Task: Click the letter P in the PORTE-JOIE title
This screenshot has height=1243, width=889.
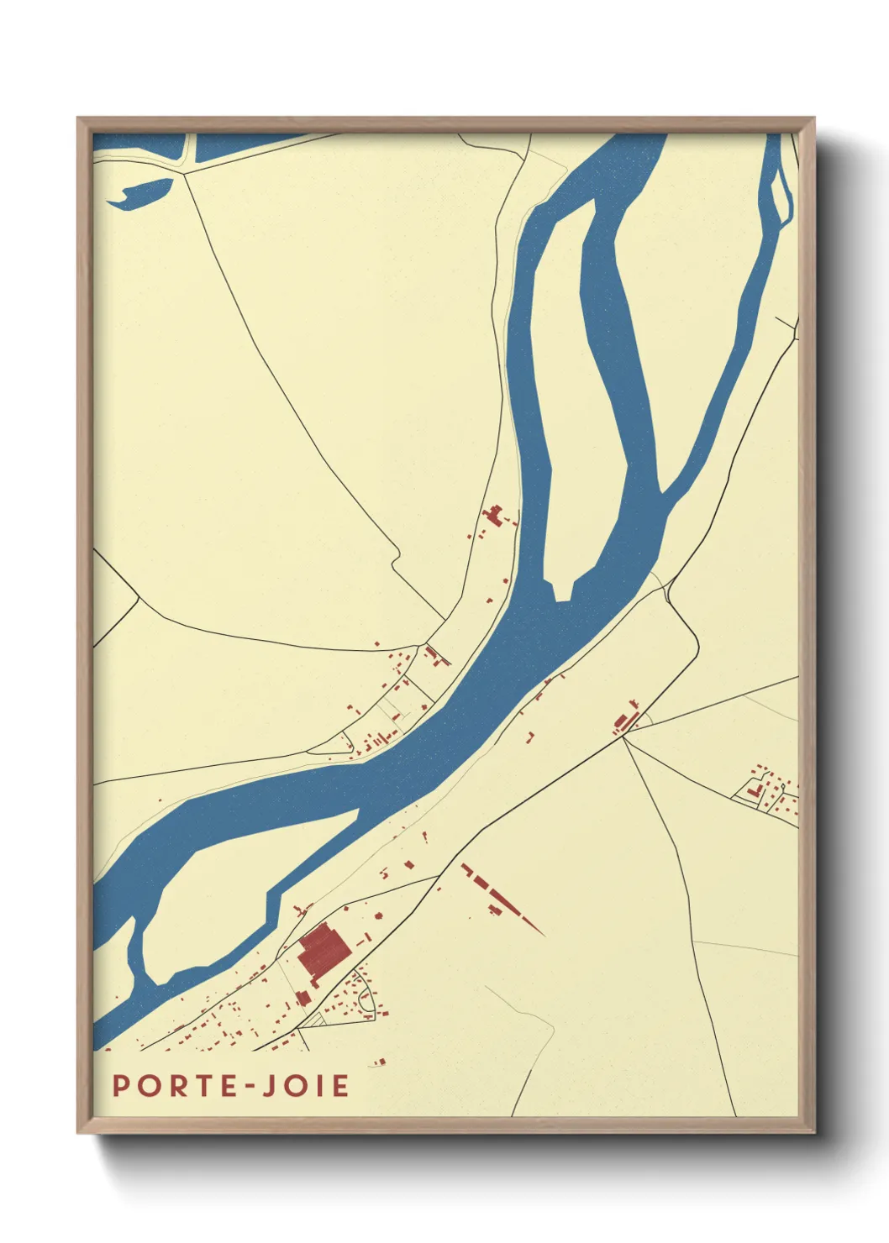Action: click(121, 1086)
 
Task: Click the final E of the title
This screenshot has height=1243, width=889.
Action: click(339, 1086)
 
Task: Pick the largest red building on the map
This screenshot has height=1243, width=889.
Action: click(324, 951)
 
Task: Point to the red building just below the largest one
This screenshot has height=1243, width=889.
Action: click(303, 997)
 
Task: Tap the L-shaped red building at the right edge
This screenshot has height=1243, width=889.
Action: click(754, 789)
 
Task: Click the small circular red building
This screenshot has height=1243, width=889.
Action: click(379, 915)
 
